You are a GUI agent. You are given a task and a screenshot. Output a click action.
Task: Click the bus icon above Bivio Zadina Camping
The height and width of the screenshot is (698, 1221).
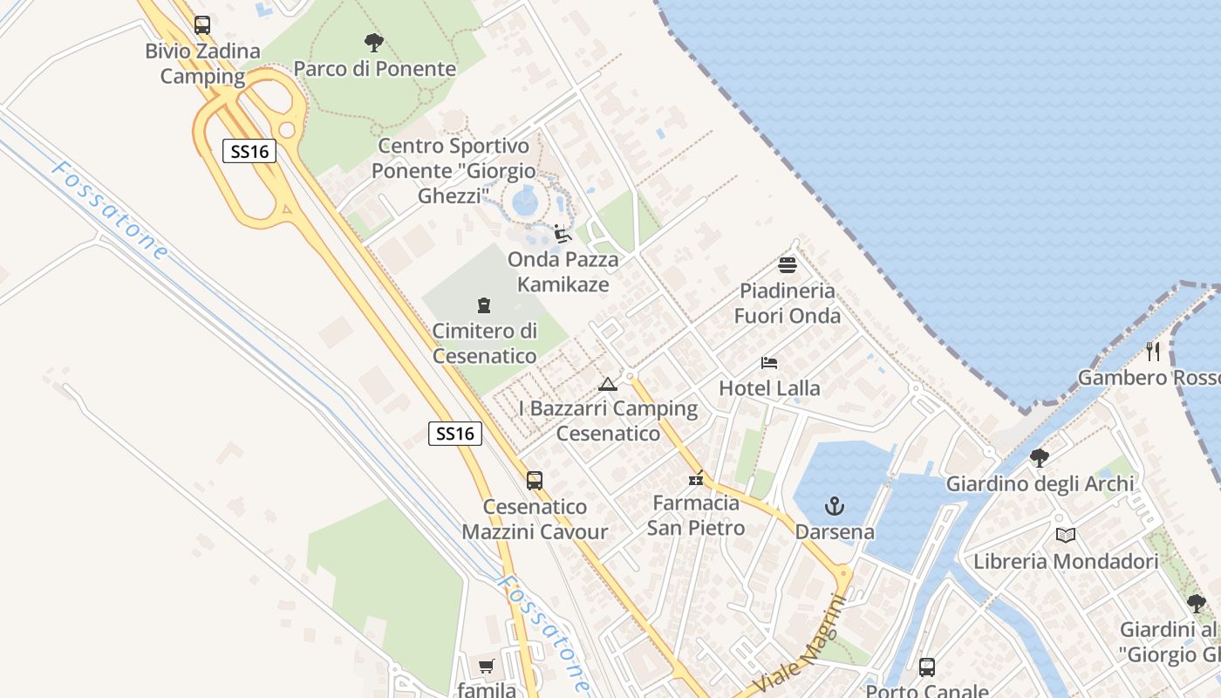pyautogui.click(x=202, y=25)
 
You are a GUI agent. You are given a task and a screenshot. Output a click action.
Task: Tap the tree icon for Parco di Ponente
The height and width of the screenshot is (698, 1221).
pyautogui.click(x=374, y=42)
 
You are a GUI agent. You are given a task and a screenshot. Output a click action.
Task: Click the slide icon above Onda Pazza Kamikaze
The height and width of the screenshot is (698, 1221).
pyautogui.click(x=563, y=234)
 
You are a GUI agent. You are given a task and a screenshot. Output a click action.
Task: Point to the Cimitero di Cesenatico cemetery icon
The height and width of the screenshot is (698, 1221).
pyautogui.click(x=484, y=305)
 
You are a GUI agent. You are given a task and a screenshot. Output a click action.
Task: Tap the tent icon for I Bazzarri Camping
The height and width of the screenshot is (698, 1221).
pyautogui.click(x=608, y=384)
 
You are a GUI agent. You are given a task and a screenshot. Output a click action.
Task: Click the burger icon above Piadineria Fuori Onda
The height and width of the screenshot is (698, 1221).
pyautogui.click(x=788, y=265)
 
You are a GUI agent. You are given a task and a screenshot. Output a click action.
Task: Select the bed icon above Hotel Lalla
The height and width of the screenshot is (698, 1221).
pyautogui.click(x=769, y=362)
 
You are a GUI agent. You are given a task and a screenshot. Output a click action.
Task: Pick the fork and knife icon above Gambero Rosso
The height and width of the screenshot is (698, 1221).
pyautogui.click(x=1153, y=352)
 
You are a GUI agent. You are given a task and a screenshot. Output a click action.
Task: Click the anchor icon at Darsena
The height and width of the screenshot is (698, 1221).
pyautogui.click(x=835, y=506)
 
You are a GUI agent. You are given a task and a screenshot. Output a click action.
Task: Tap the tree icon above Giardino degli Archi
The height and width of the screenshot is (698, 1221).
pyautogui.click(x=1039, y=457)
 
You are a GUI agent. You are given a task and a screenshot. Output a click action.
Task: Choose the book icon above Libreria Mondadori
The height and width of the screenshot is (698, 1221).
pyautogui.click(x=1065, y=535)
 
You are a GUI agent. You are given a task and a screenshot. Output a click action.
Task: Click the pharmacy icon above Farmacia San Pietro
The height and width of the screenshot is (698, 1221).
pyautogui.click(x=696, y=478)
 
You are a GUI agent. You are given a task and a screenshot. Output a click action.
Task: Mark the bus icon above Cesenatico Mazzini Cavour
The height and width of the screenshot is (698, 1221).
pyautogui.click(x=535, y=481)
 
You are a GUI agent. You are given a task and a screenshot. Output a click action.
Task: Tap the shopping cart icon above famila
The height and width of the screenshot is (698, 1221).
pyautogui.click(x=486, y=667)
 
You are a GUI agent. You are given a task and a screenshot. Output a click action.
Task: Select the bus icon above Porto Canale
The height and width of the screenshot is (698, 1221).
pyautogui.click(x=927, y=667)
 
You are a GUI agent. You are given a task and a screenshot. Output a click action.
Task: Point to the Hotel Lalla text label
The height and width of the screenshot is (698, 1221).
pyautogui.click(x=769, y=387)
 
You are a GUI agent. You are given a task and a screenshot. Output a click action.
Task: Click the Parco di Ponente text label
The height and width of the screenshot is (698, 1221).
pyautogui.click(x=374, y=68)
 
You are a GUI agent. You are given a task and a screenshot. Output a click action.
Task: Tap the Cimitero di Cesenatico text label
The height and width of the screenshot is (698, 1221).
pyautogui.click(x=485, y=344)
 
